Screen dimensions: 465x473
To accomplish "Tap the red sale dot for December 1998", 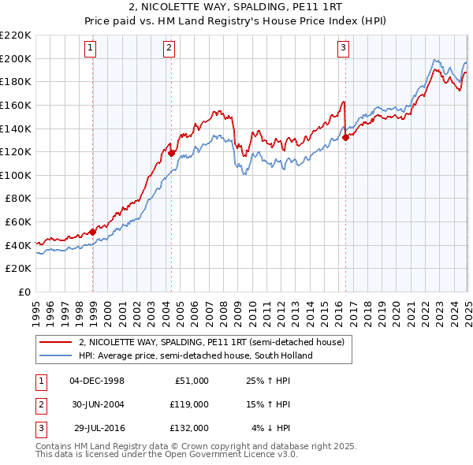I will click(93, 232).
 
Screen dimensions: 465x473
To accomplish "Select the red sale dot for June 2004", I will click(171, 153).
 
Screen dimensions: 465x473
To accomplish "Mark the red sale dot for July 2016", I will click(345, 138).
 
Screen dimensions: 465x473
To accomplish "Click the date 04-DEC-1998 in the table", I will click(97, 381).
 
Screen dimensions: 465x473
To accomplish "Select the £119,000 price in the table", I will click(188, 404).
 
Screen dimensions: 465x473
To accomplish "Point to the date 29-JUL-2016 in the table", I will click(98, 428).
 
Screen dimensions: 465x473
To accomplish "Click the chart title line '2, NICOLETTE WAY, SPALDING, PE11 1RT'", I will click(236, 7).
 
